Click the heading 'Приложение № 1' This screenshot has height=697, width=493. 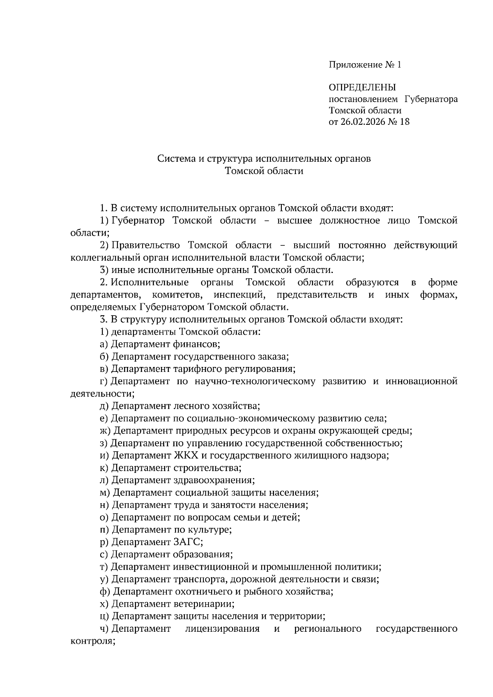pyautogui.click(x=364, y=65)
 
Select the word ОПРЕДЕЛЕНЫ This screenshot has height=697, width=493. pyautogui.click(x=362, y=87)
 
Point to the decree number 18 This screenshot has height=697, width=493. pyautogui.click(x=404, y=122)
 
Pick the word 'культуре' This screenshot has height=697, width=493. pyautogui.click(x=212, y=530)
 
